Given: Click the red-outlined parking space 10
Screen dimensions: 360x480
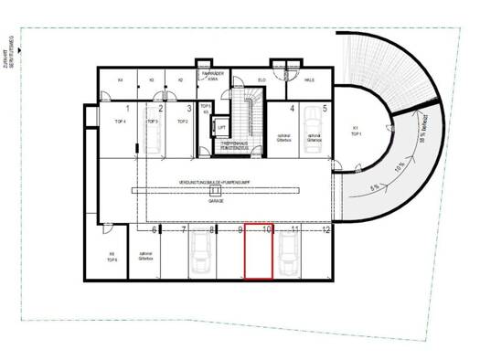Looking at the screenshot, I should coord(258,252).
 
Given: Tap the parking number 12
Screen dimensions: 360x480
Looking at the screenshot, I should coord(325,229).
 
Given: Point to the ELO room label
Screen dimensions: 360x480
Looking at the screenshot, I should coord(261,80).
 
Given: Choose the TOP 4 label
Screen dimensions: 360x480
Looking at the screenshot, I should coord(119,121).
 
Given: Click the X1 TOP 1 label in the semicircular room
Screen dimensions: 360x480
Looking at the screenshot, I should coord(357,131).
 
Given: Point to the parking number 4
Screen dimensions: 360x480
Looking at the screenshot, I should coord(293,108).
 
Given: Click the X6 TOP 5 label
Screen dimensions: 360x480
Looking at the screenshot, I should coord(112,257).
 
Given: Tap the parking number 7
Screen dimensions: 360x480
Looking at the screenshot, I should coord(184,229).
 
